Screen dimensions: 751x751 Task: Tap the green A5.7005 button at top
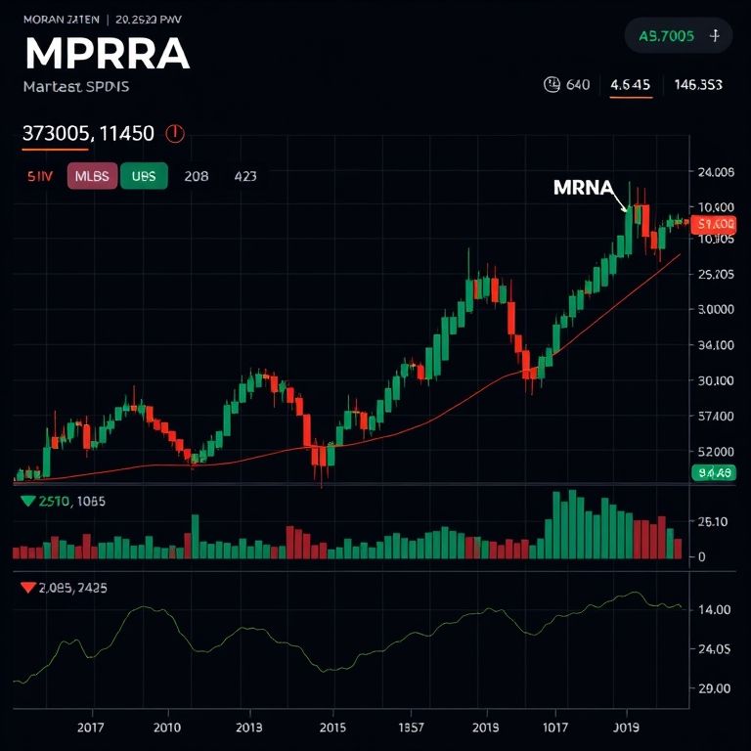point(666,36)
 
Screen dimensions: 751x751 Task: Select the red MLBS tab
point(93,176)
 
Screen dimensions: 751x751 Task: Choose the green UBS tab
point(144,176)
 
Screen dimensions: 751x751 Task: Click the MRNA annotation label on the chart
point(583,188)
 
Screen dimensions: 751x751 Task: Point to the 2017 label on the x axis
point(90,728)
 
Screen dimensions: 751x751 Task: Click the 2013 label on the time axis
point(248,728)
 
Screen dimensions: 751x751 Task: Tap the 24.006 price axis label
point(717,173)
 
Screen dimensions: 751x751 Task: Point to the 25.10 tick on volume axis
point(715,521)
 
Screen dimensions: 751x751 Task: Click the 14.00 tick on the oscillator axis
point(715,609)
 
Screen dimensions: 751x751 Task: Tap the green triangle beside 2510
point(27,501)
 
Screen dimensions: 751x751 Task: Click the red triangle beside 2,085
point(27,588)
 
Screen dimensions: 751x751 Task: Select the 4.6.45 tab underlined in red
point(630,85)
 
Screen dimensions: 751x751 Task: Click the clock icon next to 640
point(551,85)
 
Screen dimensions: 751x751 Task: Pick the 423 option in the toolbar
point(245,176)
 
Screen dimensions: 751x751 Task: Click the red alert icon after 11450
point(176,133)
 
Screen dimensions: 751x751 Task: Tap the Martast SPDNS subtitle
point(75,86)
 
